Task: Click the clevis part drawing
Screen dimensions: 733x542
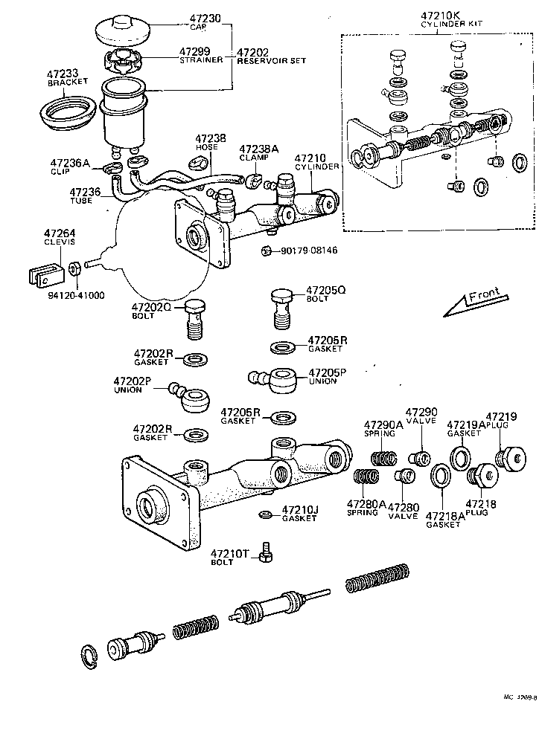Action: [41, 274]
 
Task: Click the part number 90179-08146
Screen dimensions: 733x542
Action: [309, 251]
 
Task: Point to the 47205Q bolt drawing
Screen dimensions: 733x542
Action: [280, 305]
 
